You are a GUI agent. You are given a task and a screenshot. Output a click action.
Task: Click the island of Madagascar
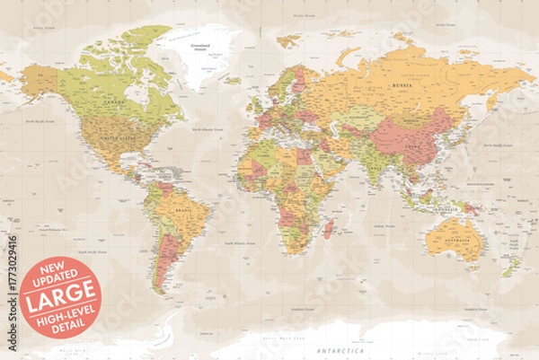[x=330, y=228]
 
